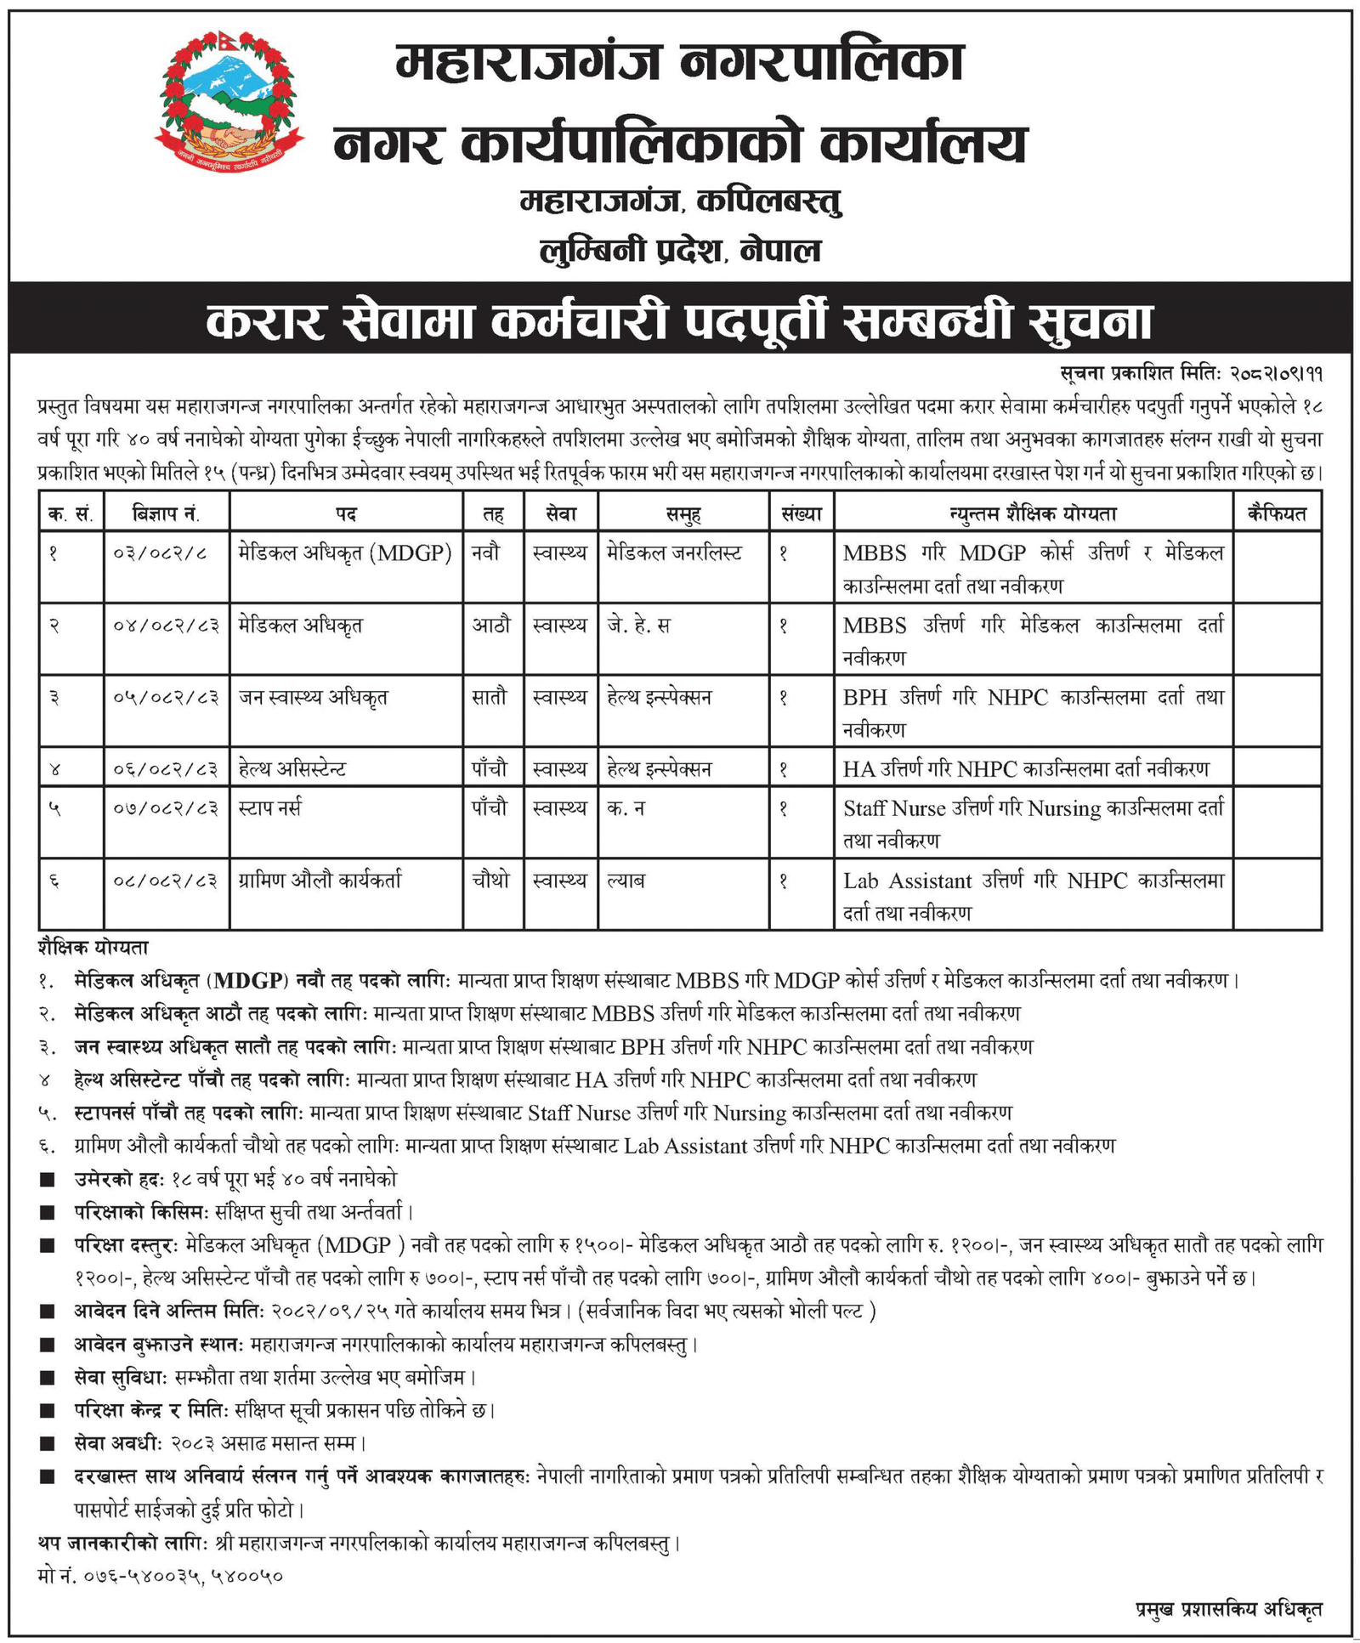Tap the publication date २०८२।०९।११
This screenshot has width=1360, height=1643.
(1276, 373)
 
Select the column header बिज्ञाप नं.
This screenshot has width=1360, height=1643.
(167, 513)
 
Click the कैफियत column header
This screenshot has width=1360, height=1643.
(1276, 513)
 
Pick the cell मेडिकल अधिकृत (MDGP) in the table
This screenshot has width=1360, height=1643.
(345, 553)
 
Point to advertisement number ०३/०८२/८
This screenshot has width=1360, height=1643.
(160, 554)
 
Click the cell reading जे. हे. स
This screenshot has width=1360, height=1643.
(638, 626)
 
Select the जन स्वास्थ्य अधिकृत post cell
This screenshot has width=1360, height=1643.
(314, 698)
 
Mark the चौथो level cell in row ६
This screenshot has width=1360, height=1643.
(490, 881)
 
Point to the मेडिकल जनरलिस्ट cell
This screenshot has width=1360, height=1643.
(674, 553)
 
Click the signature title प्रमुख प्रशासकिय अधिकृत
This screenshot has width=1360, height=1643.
(1228, 1609)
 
